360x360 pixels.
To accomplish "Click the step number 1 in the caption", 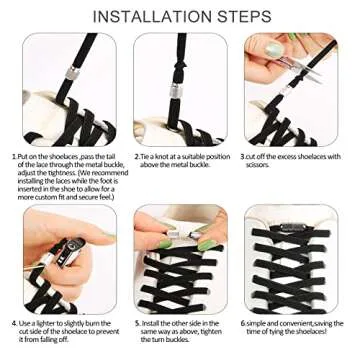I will [14, 156].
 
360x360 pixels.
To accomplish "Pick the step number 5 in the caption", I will [136, 324].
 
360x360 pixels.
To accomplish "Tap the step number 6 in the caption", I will [243, 324].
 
